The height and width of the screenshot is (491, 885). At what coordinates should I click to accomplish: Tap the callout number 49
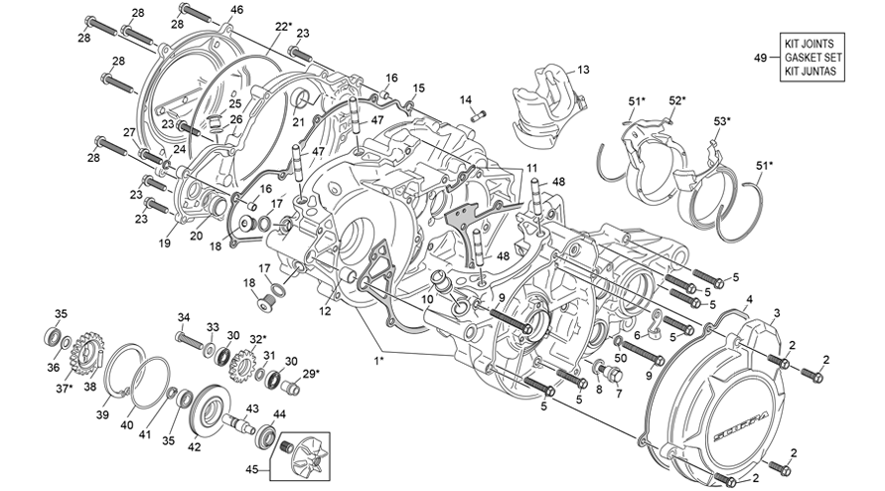tap(760, 60)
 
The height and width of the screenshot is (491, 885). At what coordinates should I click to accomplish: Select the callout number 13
tap(583, 70)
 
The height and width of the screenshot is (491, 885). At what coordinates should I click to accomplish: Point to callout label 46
tap(235, 10)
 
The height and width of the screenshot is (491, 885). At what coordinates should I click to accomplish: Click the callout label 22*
tap(283, 26)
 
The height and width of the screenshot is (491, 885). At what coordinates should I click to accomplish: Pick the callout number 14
tap(465, 99)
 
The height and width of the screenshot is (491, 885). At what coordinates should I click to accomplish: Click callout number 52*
tap(676, 100)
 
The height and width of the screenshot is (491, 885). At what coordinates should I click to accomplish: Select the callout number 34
tap(183, 317)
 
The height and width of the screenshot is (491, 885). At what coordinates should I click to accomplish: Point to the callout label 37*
tap(65, 389)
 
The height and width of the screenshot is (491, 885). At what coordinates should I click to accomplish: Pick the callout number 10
tap(426, 299)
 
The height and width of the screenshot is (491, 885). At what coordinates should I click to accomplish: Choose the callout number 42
tap(194, 447)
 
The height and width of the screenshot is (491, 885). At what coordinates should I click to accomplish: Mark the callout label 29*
tap(311, 373)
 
